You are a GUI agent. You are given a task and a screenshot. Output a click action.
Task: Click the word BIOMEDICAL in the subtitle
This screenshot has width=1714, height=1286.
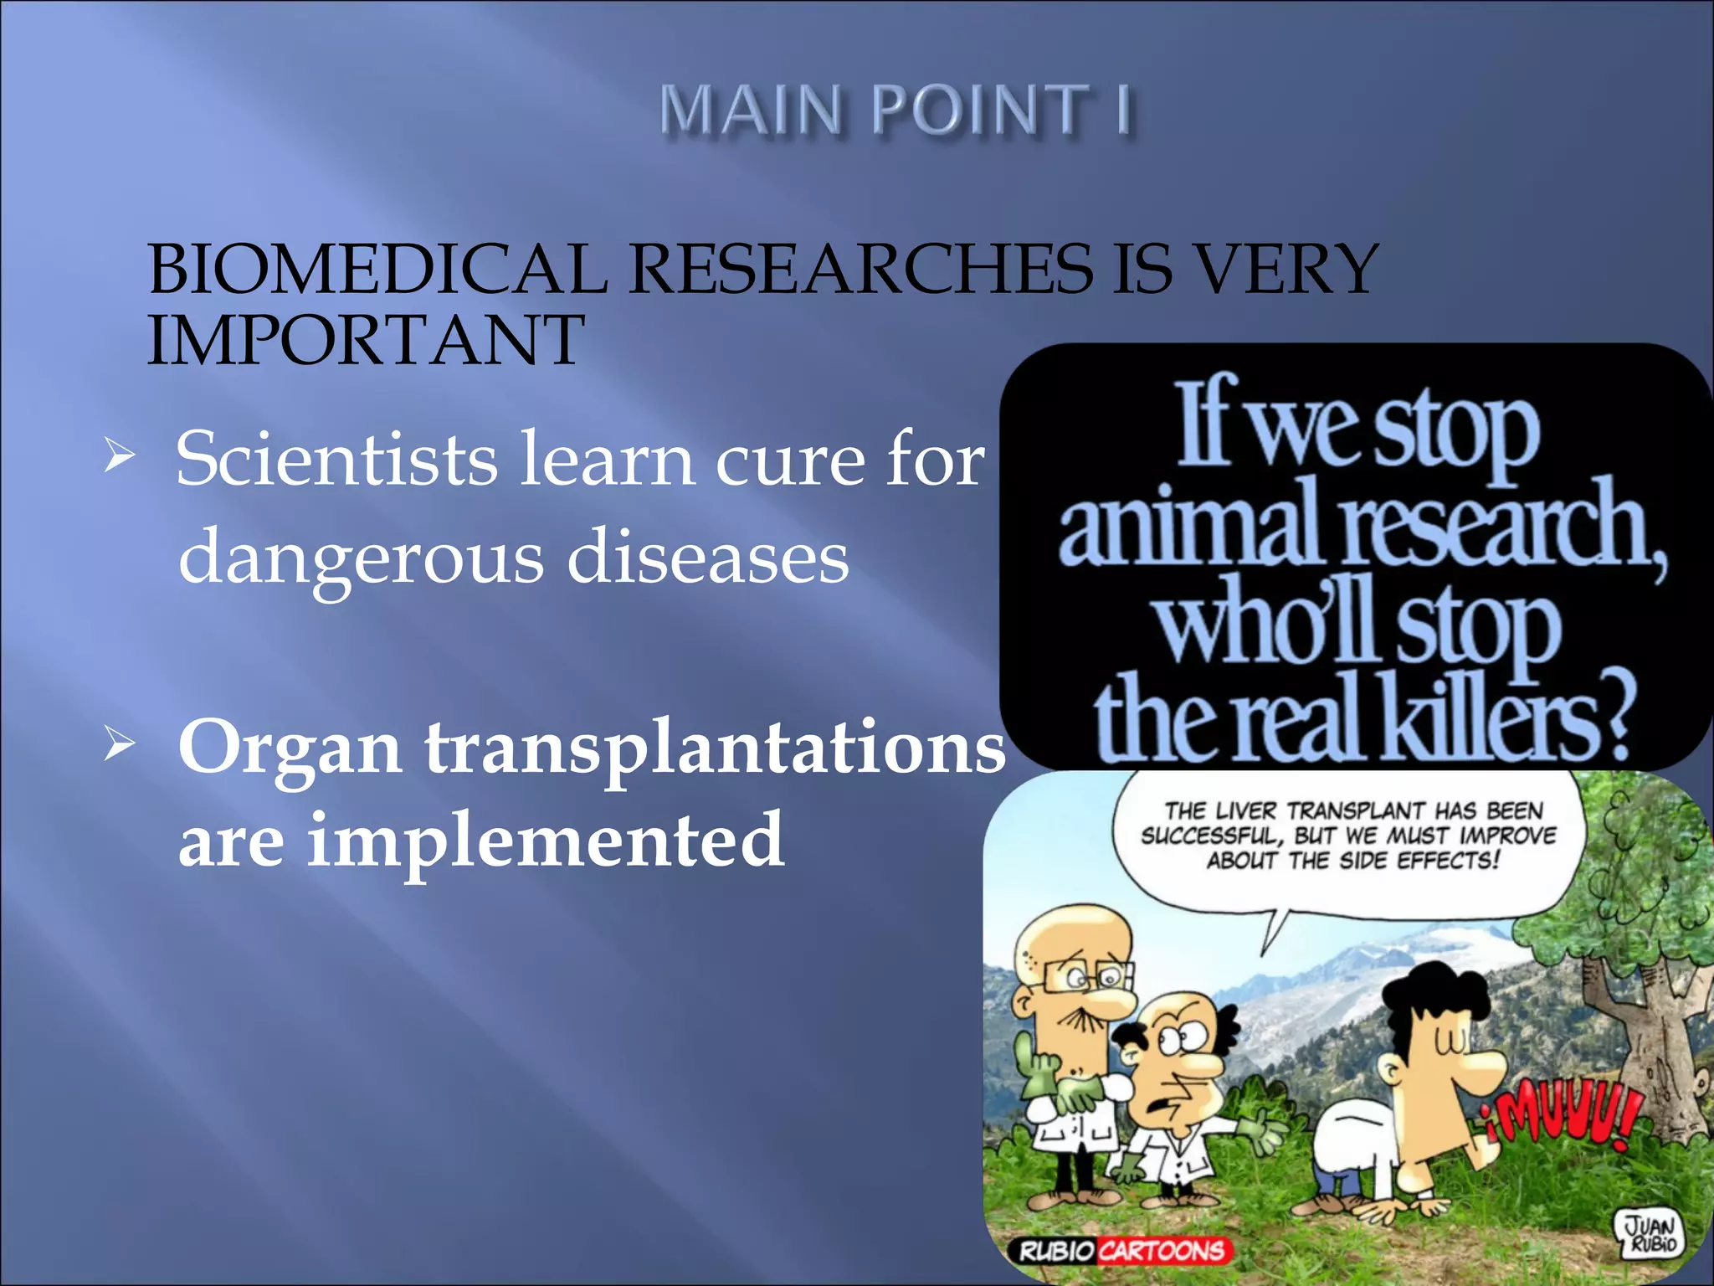(x=377, y=270)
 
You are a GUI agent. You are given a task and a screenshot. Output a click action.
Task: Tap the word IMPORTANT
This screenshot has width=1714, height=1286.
(x=366, y=340)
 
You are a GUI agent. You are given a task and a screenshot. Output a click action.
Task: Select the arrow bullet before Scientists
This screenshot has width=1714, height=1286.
(x=119, y=457)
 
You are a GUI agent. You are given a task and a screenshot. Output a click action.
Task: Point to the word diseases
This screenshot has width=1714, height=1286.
(x=707, y=558)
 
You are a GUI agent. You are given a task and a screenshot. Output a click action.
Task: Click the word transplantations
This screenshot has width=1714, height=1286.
(x=716, y=748)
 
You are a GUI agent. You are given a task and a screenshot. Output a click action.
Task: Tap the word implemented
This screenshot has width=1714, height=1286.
(x=546, y=840)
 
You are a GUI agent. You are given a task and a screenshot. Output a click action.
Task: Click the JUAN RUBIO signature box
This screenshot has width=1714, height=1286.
(x=1650, y=1232)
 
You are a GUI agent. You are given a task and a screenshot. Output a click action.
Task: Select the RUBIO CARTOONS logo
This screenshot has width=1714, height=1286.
(x=1121, y=1251)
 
